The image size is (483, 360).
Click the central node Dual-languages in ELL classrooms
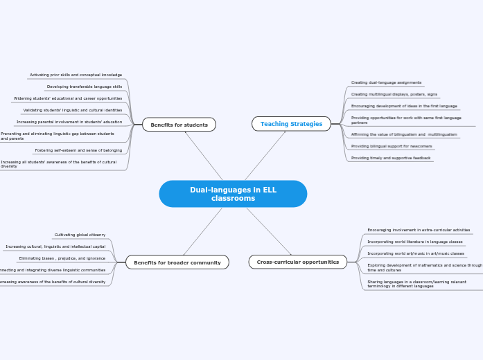233,194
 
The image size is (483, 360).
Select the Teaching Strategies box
291,124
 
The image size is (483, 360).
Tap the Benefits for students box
179,125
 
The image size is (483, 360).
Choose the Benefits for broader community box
177,262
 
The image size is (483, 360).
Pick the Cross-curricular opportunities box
297,262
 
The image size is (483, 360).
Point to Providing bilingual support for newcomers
391,146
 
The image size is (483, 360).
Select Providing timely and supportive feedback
391,158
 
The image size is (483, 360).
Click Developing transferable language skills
84,87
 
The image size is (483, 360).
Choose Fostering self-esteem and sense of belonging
78,150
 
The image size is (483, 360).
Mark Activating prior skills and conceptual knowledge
76,75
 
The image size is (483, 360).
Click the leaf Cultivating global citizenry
80,235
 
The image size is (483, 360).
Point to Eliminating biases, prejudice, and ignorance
62,258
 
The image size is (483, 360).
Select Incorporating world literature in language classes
414,242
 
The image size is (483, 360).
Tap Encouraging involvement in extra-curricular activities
419,230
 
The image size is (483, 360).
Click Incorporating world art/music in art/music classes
416,253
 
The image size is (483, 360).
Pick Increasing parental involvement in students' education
69,122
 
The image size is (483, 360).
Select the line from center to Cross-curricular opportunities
268,231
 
